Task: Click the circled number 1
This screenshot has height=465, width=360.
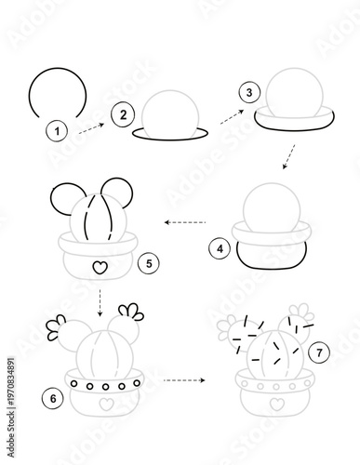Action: tap(58, 131)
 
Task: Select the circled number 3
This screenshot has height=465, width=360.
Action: tap(248, 92)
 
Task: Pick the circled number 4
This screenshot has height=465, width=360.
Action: tap(220, 248)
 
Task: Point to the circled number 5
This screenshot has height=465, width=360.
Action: tap(147, 264)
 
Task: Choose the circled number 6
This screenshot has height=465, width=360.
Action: tap(52, 398)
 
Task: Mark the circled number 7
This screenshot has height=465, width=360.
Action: tap(319, 352)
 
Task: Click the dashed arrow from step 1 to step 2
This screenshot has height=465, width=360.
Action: tap(90, 128)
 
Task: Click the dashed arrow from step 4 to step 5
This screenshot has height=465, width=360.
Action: tap(184, 222)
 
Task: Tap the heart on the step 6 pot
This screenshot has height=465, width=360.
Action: tap(105, 405)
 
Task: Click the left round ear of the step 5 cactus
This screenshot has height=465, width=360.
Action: tap(64, 197)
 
